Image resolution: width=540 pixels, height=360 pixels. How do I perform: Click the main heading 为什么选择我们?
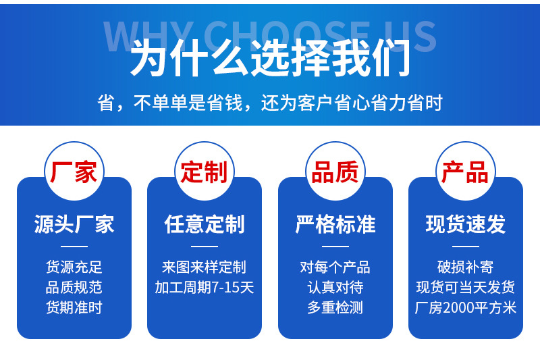click(271, 58)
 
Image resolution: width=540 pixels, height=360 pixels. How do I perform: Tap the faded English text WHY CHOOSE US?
click(271, 36)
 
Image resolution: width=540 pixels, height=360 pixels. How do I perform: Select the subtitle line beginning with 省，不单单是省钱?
click(270, 103)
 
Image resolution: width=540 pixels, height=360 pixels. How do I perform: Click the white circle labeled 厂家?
click(74, 171)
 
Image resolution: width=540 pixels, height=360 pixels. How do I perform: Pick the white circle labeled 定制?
click(205, 171)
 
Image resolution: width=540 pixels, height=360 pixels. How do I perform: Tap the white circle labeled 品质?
click(335, 171)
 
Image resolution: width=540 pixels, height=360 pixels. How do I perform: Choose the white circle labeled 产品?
click(466, 171)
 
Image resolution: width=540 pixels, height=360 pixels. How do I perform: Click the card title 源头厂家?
click(74, 224)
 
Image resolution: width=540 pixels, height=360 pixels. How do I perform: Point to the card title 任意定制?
click(205, 224)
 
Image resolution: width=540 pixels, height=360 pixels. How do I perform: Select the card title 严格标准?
click(335, 224)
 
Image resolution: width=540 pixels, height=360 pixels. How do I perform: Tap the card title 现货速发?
click(466, 224)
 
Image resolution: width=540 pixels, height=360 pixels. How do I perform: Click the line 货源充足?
click(74, 267)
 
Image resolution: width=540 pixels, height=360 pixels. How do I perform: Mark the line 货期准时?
click(74, 307)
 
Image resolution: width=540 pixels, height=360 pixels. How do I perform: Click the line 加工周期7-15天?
click(205, 287)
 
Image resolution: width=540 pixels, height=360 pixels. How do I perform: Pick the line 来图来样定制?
click(205, 267)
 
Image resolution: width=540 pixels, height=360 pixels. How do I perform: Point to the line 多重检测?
click(335, 307)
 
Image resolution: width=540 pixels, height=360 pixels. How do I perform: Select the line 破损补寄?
click(466, 267)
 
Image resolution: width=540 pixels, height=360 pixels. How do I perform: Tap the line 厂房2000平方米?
click(466, 307)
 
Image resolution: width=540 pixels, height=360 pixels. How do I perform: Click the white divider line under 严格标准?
click(335, 247)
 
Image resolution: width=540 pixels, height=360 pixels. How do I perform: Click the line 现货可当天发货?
click(466, 287)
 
